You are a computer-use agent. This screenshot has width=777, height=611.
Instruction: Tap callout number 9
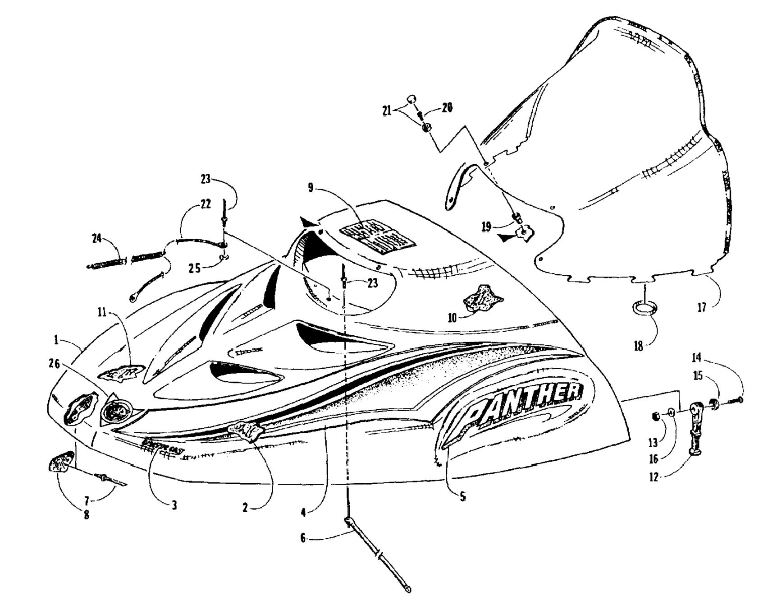(x=311, y=187)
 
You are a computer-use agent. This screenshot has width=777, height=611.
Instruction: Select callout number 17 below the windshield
(x=702, y=308)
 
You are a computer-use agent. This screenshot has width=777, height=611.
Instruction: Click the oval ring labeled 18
(x=644, y=309)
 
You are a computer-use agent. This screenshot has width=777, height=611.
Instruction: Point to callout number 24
(x=97, y=238)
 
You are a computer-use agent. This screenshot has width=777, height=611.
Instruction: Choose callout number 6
(x=303, y=538)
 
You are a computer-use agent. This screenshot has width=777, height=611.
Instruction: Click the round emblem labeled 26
(x=115, y=410)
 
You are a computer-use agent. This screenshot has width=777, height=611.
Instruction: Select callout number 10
(x=452, y=318)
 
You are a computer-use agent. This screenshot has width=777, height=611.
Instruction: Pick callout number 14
(x=697, y=358)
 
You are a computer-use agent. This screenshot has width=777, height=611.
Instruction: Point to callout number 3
(x=174, y=505)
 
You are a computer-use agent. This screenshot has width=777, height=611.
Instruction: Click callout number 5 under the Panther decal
(x=463, y=497)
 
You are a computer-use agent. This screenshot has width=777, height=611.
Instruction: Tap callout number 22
(x=206, y=204)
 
